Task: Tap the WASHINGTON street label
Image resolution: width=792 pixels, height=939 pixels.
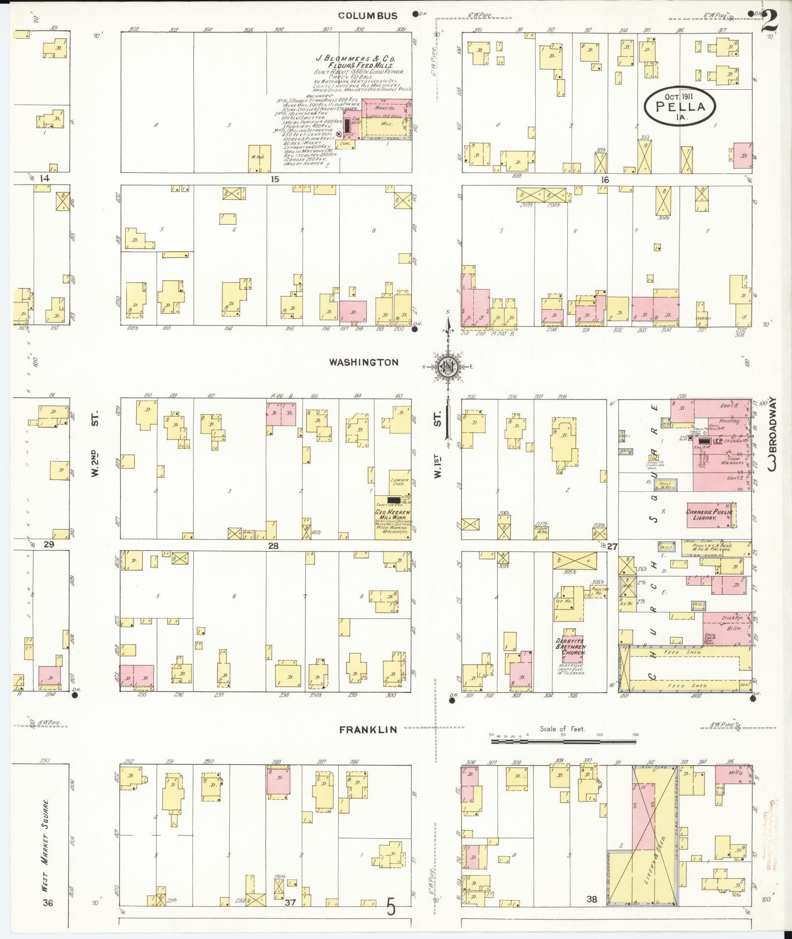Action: pos(363,362)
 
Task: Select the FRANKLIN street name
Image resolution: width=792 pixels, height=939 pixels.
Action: pos(368,730)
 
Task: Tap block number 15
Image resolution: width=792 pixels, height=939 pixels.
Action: pos(274,179)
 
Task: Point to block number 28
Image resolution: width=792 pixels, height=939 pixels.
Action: pos(273,545)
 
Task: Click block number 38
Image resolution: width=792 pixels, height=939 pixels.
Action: pos(591,899)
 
